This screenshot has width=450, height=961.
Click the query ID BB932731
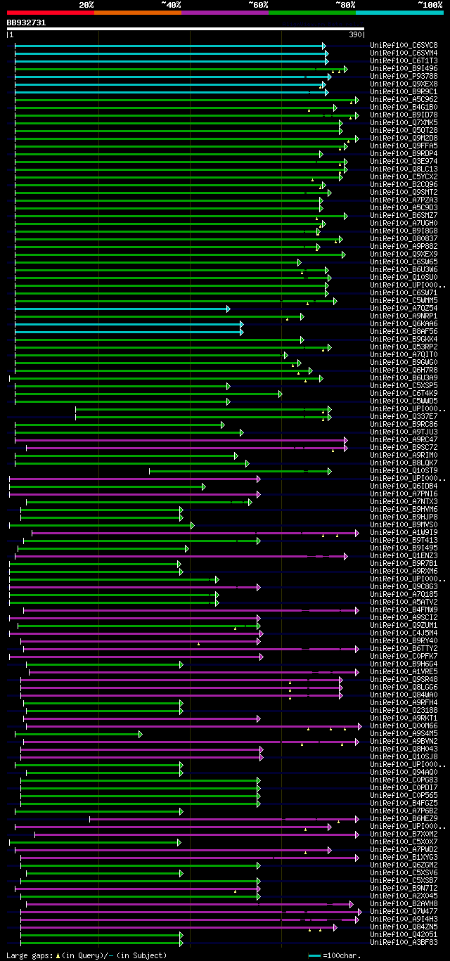[x=26, y=22]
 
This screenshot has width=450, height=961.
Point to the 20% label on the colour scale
[x=86, y=4]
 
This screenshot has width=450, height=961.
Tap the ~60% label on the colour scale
[x=258, y=4]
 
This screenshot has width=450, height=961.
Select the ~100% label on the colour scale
[x=430, y=4]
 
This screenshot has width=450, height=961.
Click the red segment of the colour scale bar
[x=50, y=13]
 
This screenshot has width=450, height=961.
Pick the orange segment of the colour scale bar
[x=137, y=13]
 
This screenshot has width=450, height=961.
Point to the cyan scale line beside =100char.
[x=314, y=955]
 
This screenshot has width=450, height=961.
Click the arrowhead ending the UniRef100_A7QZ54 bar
[x=228, y=309]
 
